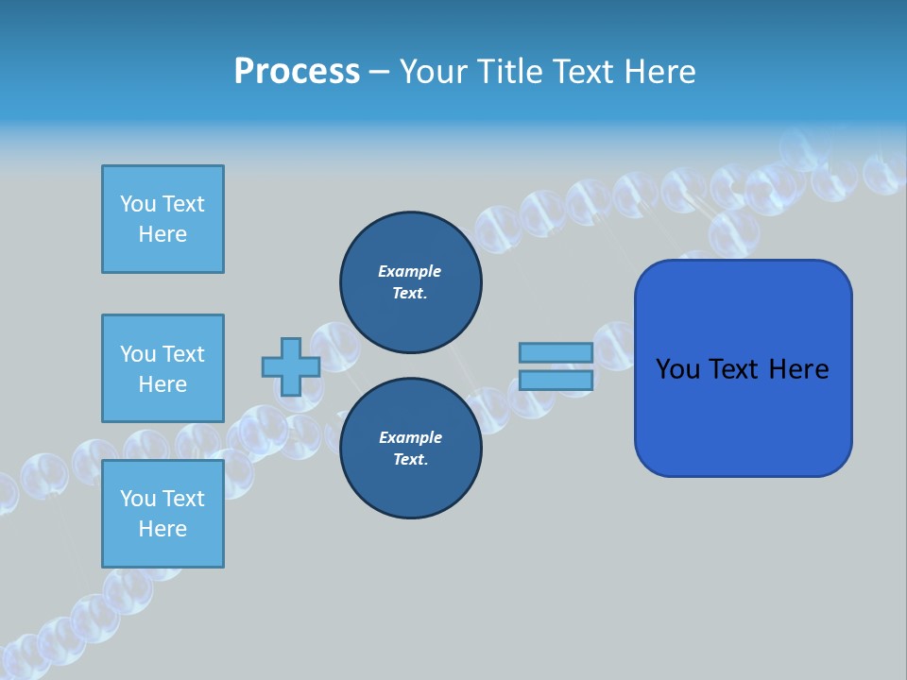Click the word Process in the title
tap(297, 72)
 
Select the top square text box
tap(163, 219)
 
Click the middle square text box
tap(163, 368)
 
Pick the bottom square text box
tap(163, 514)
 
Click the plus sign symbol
tap(291, 366)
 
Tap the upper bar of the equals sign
tap(556, 352)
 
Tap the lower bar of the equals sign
tap(556, 380)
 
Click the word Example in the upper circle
tap(409, 271)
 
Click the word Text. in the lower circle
tap(410, 460)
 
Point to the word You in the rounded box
tap(677, 369)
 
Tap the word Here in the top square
tap(163, 234)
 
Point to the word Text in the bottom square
tap(183, 499)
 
